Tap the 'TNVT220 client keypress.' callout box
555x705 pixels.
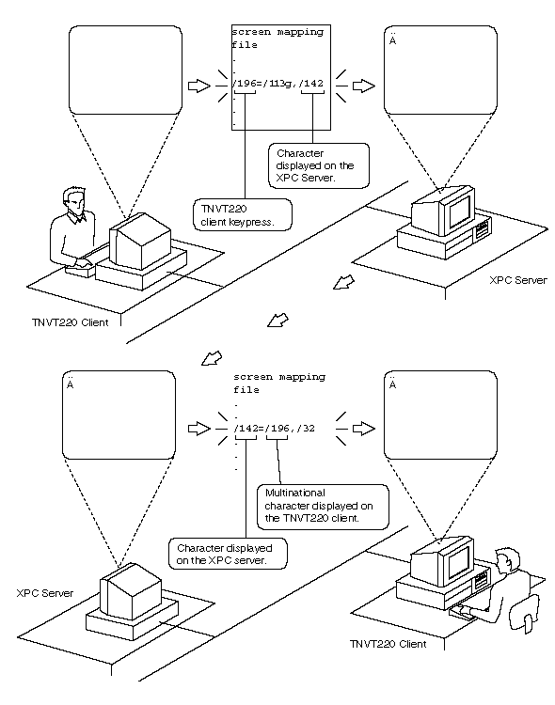click(x=243, y=215)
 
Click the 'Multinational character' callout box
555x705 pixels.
click(x=323, y=507)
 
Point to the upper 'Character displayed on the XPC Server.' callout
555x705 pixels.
click(x=319, y=165)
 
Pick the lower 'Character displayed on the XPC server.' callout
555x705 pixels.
click(x=228, y=554)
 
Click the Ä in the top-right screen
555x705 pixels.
click(x=392, y=39)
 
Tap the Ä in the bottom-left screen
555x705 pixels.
click(x=70, y=384)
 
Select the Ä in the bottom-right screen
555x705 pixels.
click(x=392, y=384)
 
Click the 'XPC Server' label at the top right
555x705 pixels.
click(x=518, y=280)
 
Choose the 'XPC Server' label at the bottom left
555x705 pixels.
click(x=44, y=593)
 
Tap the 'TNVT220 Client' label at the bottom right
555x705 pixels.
click(x=388, y=644)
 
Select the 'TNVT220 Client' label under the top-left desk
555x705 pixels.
click(x=71, y=322)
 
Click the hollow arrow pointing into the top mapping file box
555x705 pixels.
click(x=199, y=86)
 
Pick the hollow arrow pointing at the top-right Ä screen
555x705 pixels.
click(x=364, y=86)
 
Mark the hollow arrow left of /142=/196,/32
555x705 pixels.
click(x=199, y=429)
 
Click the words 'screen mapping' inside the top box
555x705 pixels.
click(x=277, y=32)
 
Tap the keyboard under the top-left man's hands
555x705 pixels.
click(x=81, y=269)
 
